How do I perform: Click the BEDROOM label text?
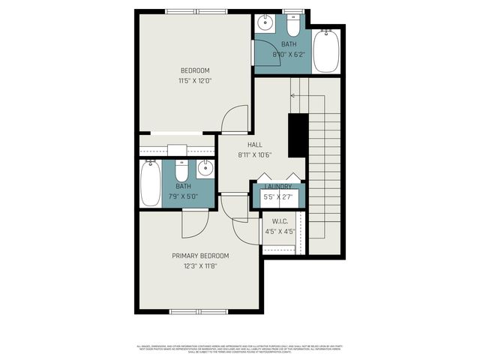194,71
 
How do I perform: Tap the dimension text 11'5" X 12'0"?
194,81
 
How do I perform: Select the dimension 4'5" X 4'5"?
279,232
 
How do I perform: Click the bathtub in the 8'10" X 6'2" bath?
325,51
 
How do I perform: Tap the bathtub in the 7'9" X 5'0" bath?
151,184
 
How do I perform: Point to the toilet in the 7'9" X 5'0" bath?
181,169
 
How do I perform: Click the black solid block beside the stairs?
298,134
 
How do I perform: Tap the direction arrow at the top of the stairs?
295,95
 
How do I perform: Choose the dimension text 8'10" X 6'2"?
289,54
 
